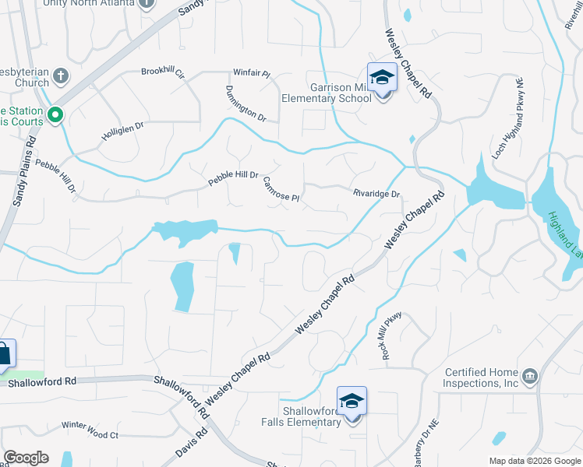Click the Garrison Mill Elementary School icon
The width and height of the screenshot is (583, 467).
[382, 77]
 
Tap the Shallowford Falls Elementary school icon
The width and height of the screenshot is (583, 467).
[352, 402]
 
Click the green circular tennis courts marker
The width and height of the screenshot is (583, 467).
[55, 116]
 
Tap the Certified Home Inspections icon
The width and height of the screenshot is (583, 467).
[529, 377]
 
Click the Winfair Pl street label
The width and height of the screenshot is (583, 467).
[252, 75]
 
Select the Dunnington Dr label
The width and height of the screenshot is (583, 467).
[246, 104]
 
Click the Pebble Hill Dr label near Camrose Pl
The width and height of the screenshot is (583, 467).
[232, 178]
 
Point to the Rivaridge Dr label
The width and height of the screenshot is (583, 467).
[376, 194]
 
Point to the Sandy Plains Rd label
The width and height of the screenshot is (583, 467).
[24, 173]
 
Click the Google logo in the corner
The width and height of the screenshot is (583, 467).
[26, 458]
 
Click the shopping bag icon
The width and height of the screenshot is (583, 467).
[4, 353]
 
